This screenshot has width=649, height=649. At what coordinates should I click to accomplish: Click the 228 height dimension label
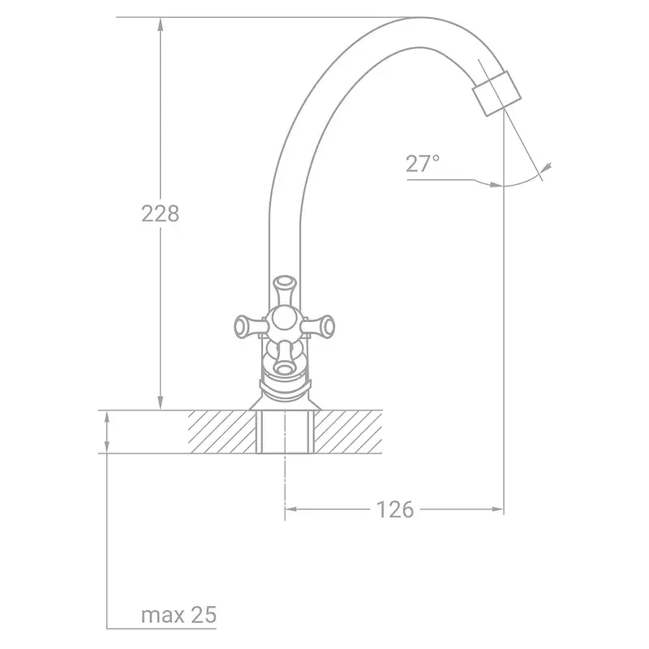[x=160, y=214]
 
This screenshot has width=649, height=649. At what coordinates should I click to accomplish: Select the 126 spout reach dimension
[x=394, y=509]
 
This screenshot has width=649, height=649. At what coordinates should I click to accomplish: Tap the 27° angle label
[x=422, y=164]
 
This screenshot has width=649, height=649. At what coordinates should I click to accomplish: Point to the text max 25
[x=178, y=615]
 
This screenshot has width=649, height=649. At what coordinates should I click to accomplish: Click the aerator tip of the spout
[x=496, y=93]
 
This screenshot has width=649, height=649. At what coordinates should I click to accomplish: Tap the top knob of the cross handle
[x=285, y=289]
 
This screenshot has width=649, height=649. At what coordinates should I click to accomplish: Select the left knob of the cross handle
[x=247, y=327]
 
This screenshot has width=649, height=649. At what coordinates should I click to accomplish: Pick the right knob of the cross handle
[x=319, y=327]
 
